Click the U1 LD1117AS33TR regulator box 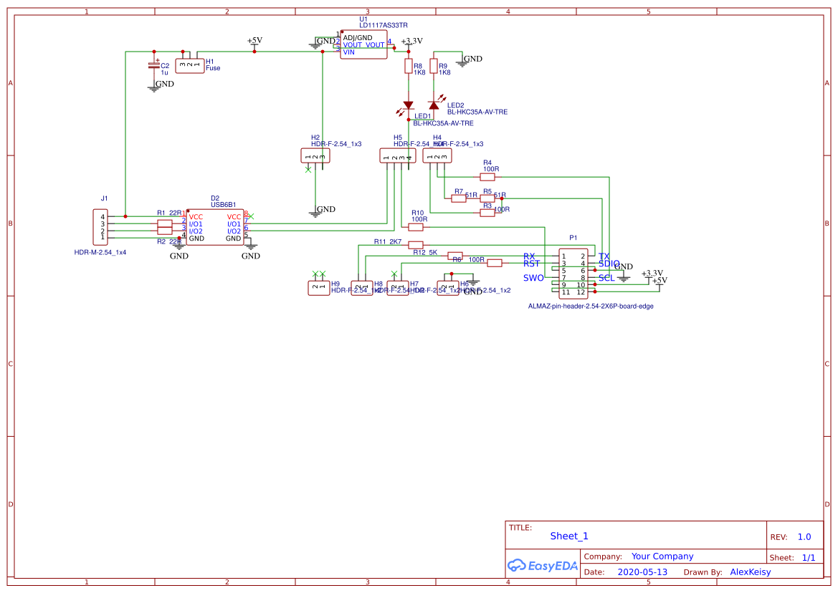tap(363, 44)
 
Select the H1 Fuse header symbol tap(189, 65)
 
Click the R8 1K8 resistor tap(409, 67)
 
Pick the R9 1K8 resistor tap(434, 67)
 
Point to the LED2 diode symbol tap(434, 105)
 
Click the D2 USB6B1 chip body tap(215, 227)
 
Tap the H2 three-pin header tap(315, 156)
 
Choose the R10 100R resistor tap(416, 227)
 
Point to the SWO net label tap(533, 278)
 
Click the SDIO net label tap(609, 264)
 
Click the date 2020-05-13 tap(642, 572)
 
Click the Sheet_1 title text tap(569, 536)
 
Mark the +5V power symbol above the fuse tap(254, 42)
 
